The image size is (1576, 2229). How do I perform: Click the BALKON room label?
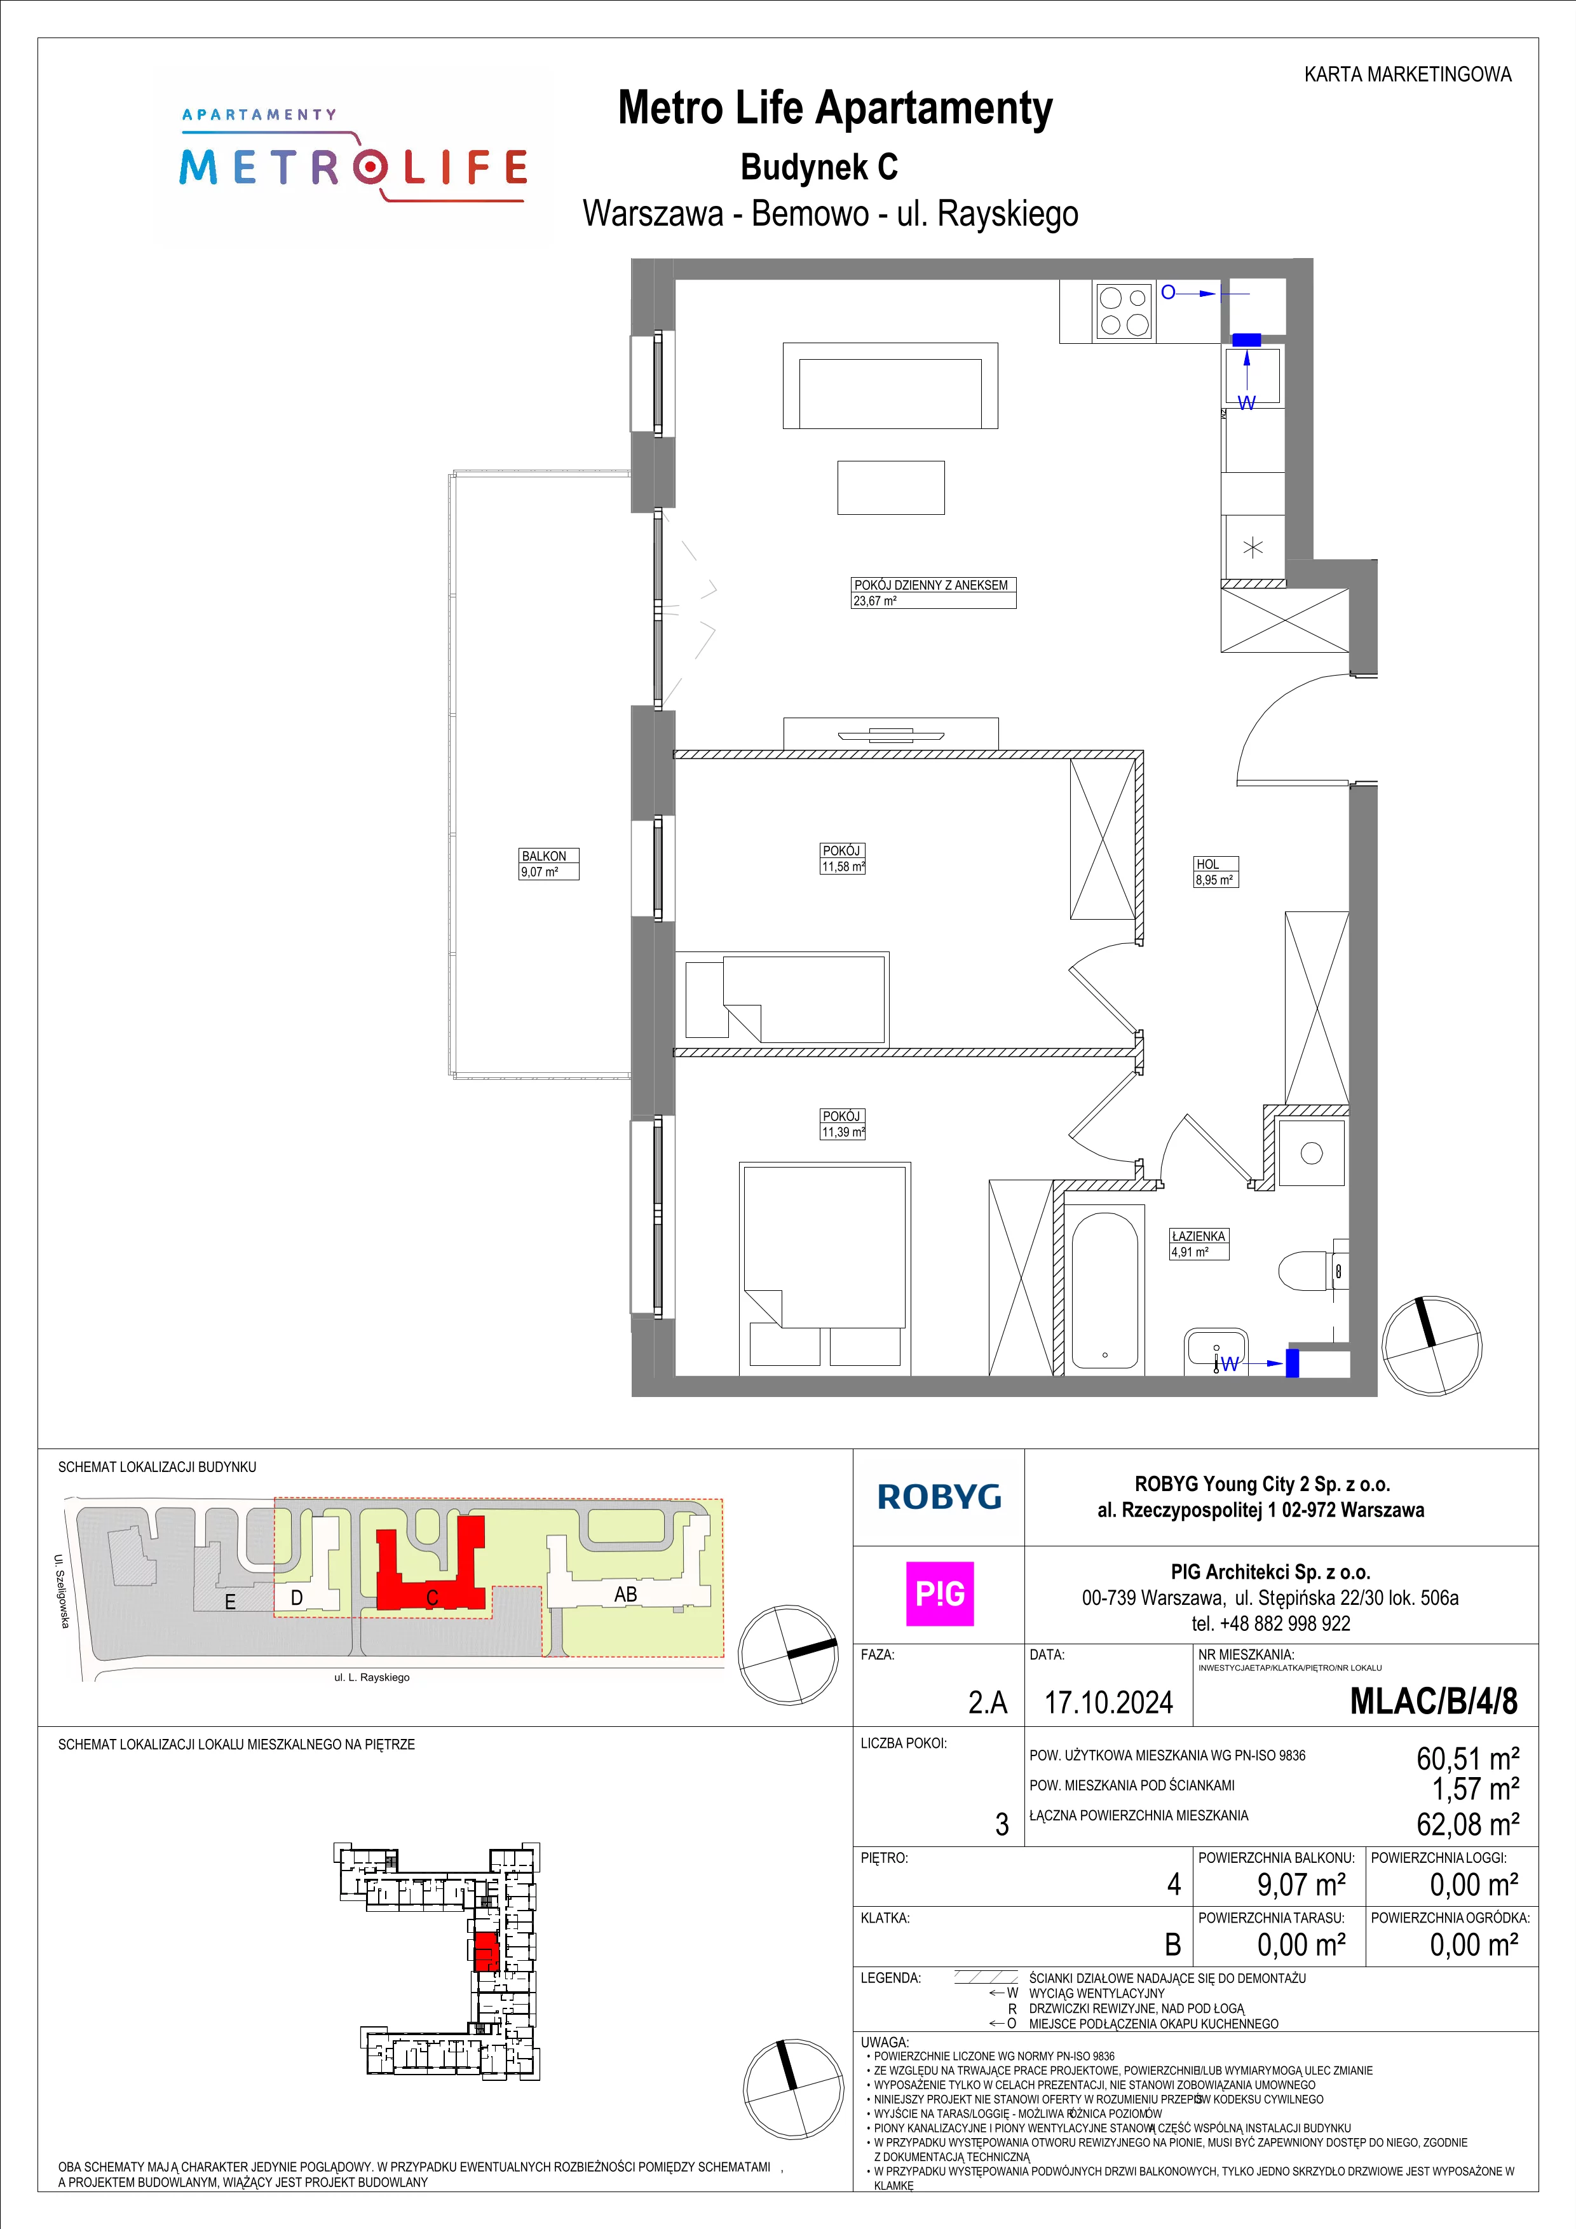[x=543, y=856]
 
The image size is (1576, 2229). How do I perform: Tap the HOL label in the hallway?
[x=1207, y=864]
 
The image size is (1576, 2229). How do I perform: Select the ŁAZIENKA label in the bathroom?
[x=1199, y=1236]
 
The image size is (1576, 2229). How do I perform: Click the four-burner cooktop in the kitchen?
[x=1124, y=311]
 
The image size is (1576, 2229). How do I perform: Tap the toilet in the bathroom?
[x=1314, y=1268]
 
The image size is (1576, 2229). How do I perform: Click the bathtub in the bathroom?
[x=1104, y=1288]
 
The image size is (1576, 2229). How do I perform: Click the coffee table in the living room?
[x=891, y=487]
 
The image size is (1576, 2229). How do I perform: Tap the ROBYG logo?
[x=939, y=1497]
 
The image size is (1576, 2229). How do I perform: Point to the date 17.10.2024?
[x=1108, y=1702]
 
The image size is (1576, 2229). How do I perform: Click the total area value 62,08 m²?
[x=1467, y=1824]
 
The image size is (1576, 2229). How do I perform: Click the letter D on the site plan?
[x=297, y=1597]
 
